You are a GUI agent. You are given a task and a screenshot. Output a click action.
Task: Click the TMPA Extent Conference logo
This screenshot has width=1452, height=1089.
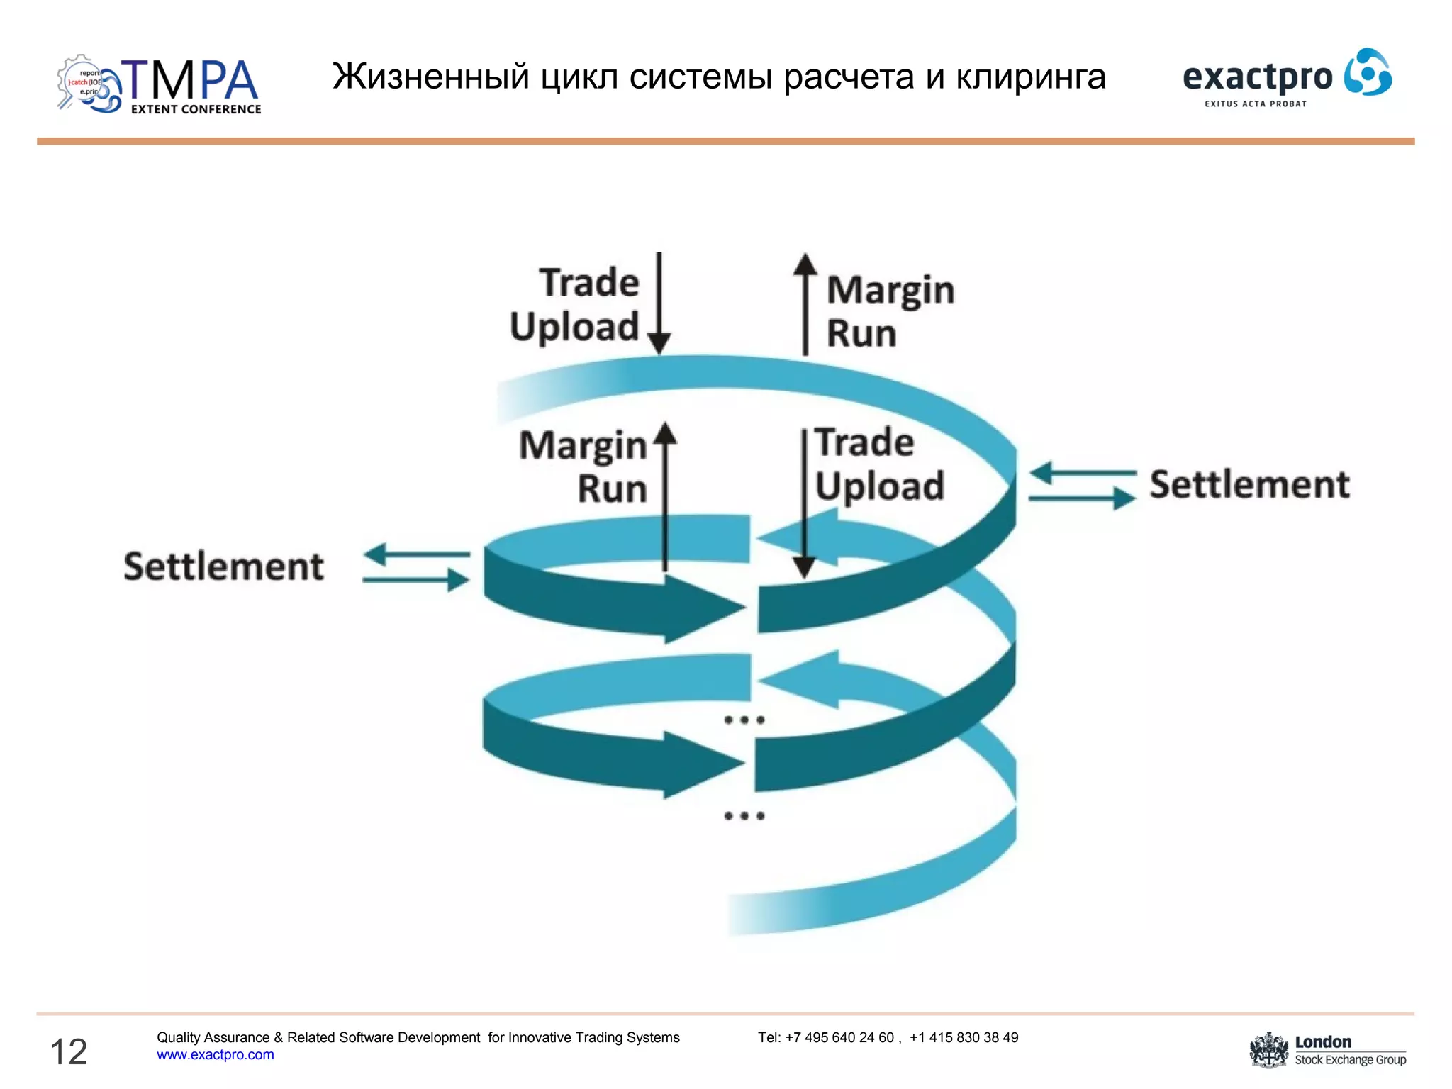(160, 85)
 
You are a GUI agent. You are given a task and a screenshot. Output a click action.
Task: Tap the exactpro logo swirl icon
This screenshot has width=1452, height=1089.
(1368, 72)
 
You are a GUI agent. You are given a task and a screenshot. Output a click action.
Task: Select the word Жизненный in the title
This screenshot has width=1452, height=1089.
(431, 77)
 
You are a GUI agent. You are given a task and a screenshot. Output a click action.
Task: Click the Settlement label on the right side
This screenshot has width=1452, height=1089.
(1249, 485)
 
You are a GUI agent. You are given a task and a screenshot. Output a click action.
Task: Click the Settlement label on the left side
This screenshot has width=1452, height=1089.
(224, 566)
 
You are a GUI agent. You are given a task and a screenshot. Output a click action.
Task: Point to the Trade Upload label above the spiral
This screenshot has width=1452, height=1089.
(576, 305)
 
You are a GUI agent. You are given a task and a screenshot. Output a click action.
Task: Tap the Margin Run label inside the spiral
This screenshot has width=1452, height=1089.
(583, 467)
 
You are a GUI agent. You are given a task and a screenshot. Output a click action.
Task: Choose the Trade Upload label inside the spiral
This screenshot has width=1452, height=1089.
(878, 464)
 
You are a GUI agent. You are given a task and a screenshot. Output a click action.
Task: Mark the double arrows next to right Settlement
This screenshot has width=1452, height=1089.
(1082, 486)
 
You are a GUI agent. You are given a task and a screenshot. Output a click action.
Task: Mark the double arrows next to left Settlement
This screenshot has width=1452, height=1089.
(416, 567)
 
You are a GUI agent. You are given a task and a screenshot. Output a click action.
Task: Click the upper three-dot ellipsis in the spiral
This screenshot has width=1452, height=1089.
(744, 720)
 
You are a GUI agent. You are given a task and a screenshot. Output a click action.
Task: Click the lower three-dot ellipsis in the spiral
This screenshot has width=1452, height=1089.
(744, 816)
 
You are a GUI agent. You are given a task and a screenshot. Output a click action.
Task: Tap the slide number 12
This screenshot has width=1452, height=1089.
(69, 1051)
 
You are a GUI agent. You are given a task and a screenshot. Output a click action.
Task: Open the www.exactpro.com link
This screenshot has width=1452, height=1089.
(216, 1055)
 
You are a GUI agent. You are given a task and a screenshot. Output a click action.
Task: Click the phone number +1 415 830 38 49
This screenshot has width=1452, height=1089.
(964, 1037)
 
